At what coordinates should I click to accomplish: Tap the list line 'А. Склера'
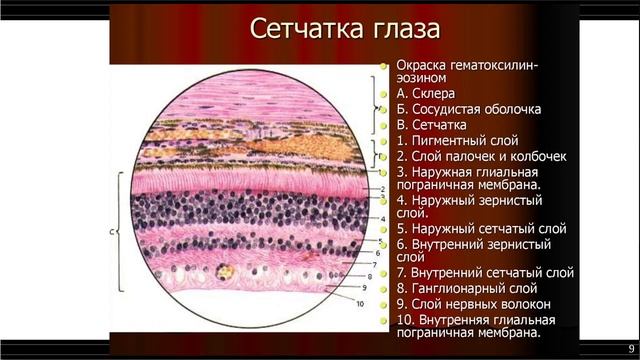coord(431,92)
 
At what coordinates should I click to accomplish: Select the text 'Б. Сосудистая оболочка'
coord(469,109)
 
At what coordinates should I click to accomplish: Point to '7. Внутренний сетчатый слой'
coord(485,271)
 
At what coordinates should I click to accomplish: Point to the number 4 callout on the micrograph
coord(383,217)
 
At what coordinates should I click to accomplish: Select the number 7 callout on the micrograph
coord(373,264)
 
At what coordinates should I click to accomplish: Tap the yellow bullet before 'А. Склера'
coord(383,93)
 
